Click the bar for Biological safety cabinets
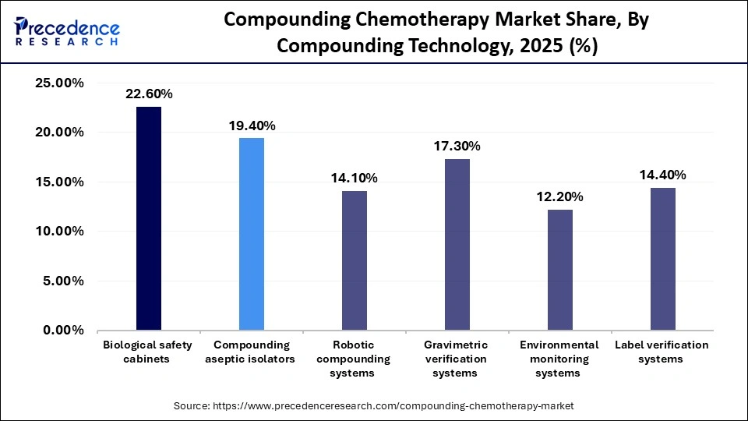149,218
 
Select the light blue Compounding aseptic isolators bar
252,234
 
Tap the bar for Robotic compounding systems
355,260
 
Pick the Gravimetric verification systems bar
457,244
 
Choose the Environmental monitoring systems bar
560,270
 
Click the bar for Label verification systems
663,259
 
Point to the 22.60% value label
149,94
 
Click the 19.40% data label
252,126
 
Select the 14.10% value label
355,178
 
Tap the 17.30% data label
457,146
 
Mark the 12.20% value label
560,196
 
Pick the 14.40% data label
663,175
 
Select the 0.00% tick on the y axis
60,331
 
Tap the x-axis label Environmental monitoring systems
560,359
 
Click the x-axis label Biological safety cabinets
149,352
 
